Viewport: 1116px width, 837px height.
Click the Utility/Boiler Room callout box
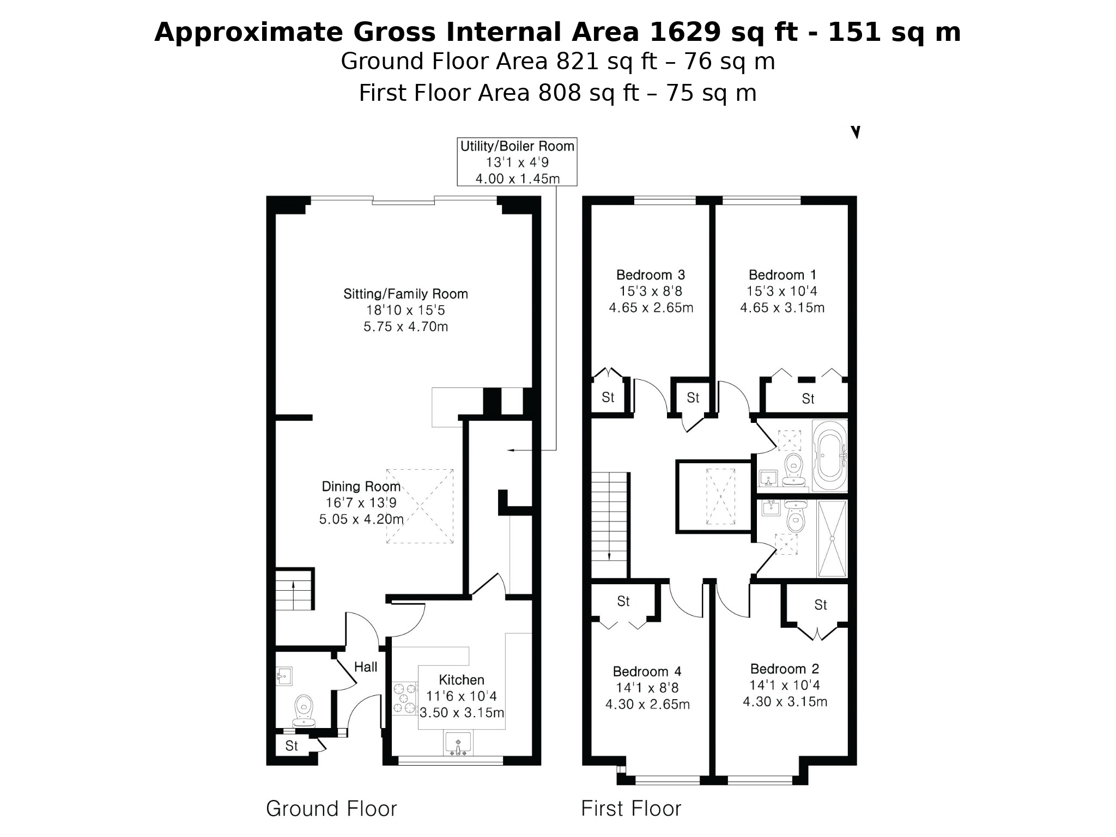517,162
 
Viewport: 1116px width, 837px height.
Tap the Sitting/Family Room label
405,294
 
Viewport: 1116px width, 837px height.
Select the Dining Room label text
361,486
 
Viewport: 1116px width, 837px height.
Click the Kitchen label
462,680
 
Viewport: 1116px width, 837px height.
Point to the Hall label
366,666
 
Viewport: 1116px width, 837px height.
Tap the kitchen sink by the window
458,744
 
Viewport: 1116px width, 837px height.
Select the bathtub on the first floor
829,455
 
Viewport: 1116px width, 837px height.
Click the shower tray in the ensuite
832,538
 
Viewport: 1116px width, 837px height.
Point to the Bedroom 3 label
651,275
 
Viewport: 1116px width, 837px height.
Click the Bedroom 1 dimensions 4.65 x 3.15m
782,308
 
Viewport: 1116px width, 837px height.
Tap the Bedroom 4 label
647,671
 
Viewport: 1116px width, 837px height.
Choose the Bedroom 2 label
785,669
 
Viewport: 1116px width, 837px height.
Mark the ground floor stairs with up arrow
294,590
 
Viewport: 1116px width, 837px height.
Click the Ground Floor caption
331,809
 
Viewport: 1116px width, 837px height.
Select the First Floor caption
631,809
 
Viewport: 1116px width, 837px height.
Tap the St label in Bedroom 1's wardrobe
808,399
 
